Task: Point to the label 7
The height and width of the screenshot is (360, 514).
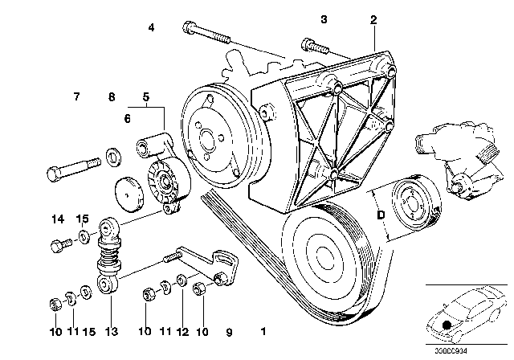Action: click(x=76, y=97)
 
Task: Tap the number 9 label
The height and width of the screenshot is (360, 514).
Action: click(x=230, y=329)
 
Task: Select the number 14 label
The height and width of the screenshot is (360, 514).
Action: click(x=59, y=219)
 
